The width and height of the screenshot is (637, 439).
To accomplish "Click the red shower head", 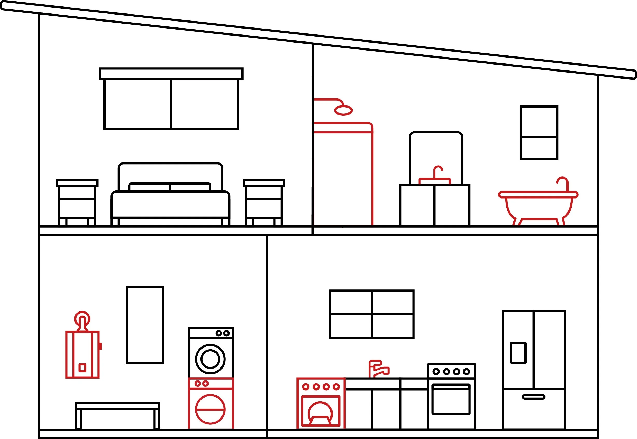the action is (x=343, y=110).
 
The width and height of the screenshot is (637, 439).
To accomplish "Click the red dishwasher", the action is (x=321, y=403).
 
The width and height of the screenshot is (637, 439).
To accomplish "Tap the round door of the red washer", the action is (x=210, y=409).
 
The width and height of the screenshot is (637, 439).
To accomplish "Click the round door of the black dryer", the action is (x=210, y=359).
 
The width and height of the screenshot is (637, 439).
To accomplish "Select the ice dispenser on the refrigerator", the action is (x=518, y=353).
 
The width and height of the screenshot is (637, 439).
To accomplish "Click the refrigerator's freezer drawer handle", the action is (x=534, y=397).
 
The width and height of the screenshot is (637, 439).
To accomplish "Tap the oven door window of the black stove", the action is (x=451, y=399).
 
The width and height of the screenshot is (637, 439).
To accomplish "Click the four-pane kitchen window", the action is (x=372, y=314).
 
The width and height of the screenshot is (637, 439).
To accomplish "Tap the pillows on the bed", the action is (x=170, y=187).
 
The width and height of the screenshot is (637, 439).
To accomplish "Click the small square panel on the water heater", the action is (x=82, y=368).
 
